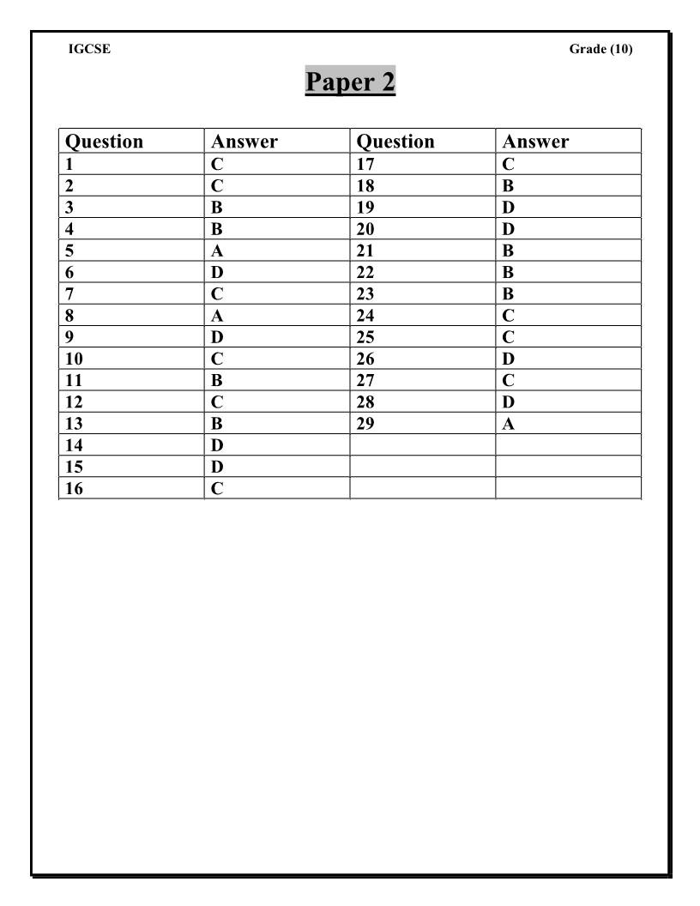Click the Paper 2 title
tap(350, 83)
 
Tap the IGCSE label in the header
tap(89, 49)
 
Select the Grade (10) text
tap(600, 49)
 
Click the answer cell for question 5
tap(217, 251)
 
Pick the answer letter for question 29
tap(509, 424)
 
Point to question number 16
tap(75, 489)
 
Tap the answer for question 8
tap(217, 316)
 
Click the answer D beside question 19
tap(509, 208)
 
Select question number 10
tap(75, 359)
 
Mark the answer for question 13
tap(217, 424)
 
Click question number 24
tap(365, 316)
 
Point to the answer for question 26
tap(509, 359)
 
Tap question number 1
tap(69, 164)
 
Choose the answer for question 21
tap(509, 251)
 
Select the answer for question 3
tap(217, 208)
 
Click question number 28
tap(365, 402)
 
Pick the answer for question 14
tap(217, 445)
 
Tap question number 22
tap(365, 273)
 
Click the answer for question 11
tap(217, 380)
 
